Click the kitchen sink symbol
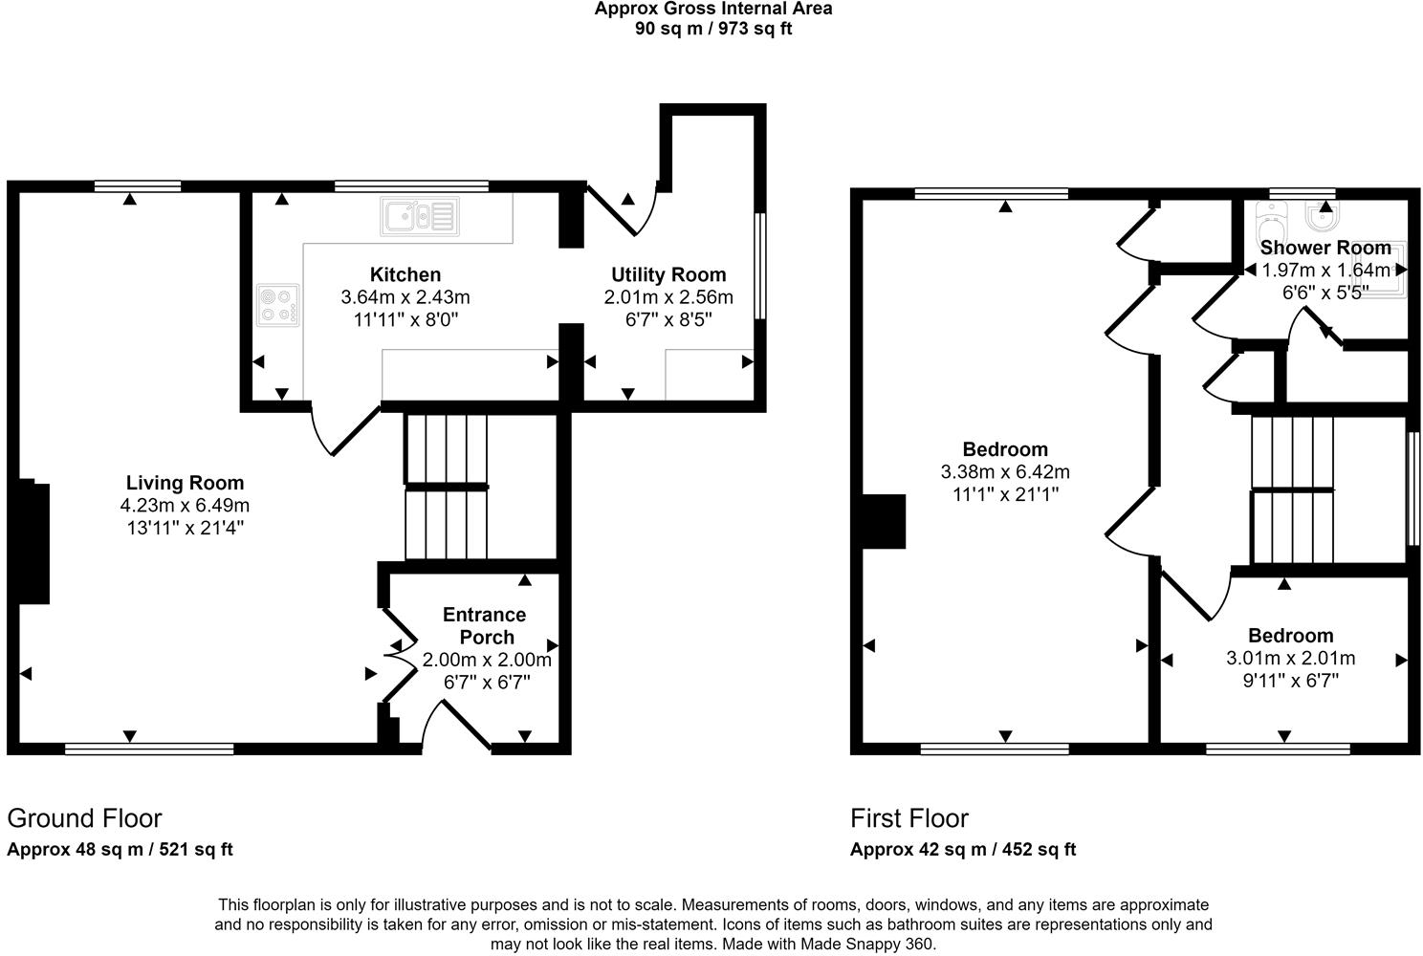point(419,217)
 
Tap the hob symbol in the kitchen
point(278,305)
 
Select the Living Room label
point(185,483)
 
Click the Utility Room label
point(668,274)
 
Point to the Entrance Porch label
point(486,625)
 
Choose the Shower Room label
point(1325,247)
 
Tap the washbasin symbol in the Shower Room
point(1324,217)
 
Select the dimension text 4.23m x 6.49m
point(185,506)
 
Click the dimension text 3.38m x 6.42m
point(1005,472)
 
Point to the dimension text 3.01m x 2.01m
point(1291,658)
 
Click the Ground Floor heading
point(84,818)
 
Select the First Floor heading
point(909,818)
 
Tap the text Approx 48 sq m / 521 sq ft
point(120,849)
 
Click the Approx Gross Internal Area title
point(713,9)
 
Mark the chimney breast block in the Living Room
point(32,541)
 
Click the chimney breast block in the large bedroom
point(882,522)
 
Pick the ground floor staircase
point(447,487)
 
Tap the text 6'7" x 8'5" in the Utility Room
point(668,319)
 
